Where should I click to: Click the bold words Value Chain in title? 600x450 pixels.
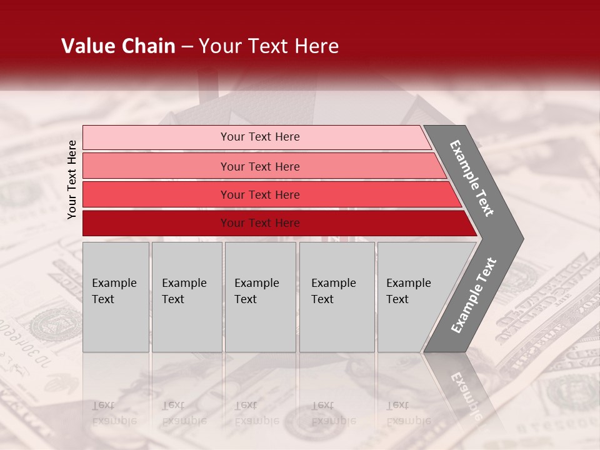[118, 46]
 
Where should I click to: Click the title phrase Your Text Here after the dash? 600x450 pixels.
[269, 46]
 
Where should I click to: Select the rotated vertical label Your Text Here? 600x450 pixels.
[72, 179]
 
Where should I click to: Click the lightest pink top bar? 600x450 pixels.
[156, 137]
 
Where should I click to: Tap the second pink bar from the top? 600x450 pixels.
[156, 166]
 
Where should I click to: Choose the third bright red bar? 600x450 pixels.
[156, 194]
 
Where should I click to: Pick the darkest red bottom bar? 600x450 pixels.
[156, 223]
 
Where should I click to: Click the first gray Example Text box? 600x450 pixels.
[116, 297]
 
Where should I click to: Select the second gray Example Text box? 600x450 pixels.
[187, 297]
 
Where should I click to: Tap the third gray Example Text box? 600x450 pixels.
[260, 297]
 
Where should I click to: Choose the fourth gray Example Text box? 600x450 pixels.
[337, 297]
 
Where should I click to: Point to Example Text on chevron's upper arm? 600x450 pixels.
[472, 178]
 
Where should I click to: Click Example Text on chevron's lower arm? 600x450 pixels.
[474, 296]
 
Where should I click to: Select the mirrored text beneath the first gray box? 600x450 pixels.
[114, 412]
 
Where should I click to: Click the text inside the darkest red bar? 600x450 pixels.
[260, 223]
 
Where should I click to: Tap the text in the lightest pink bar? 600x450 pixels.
[260, 137]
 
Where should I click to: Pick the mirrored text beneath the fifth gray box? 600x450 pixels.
[408, 412]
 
